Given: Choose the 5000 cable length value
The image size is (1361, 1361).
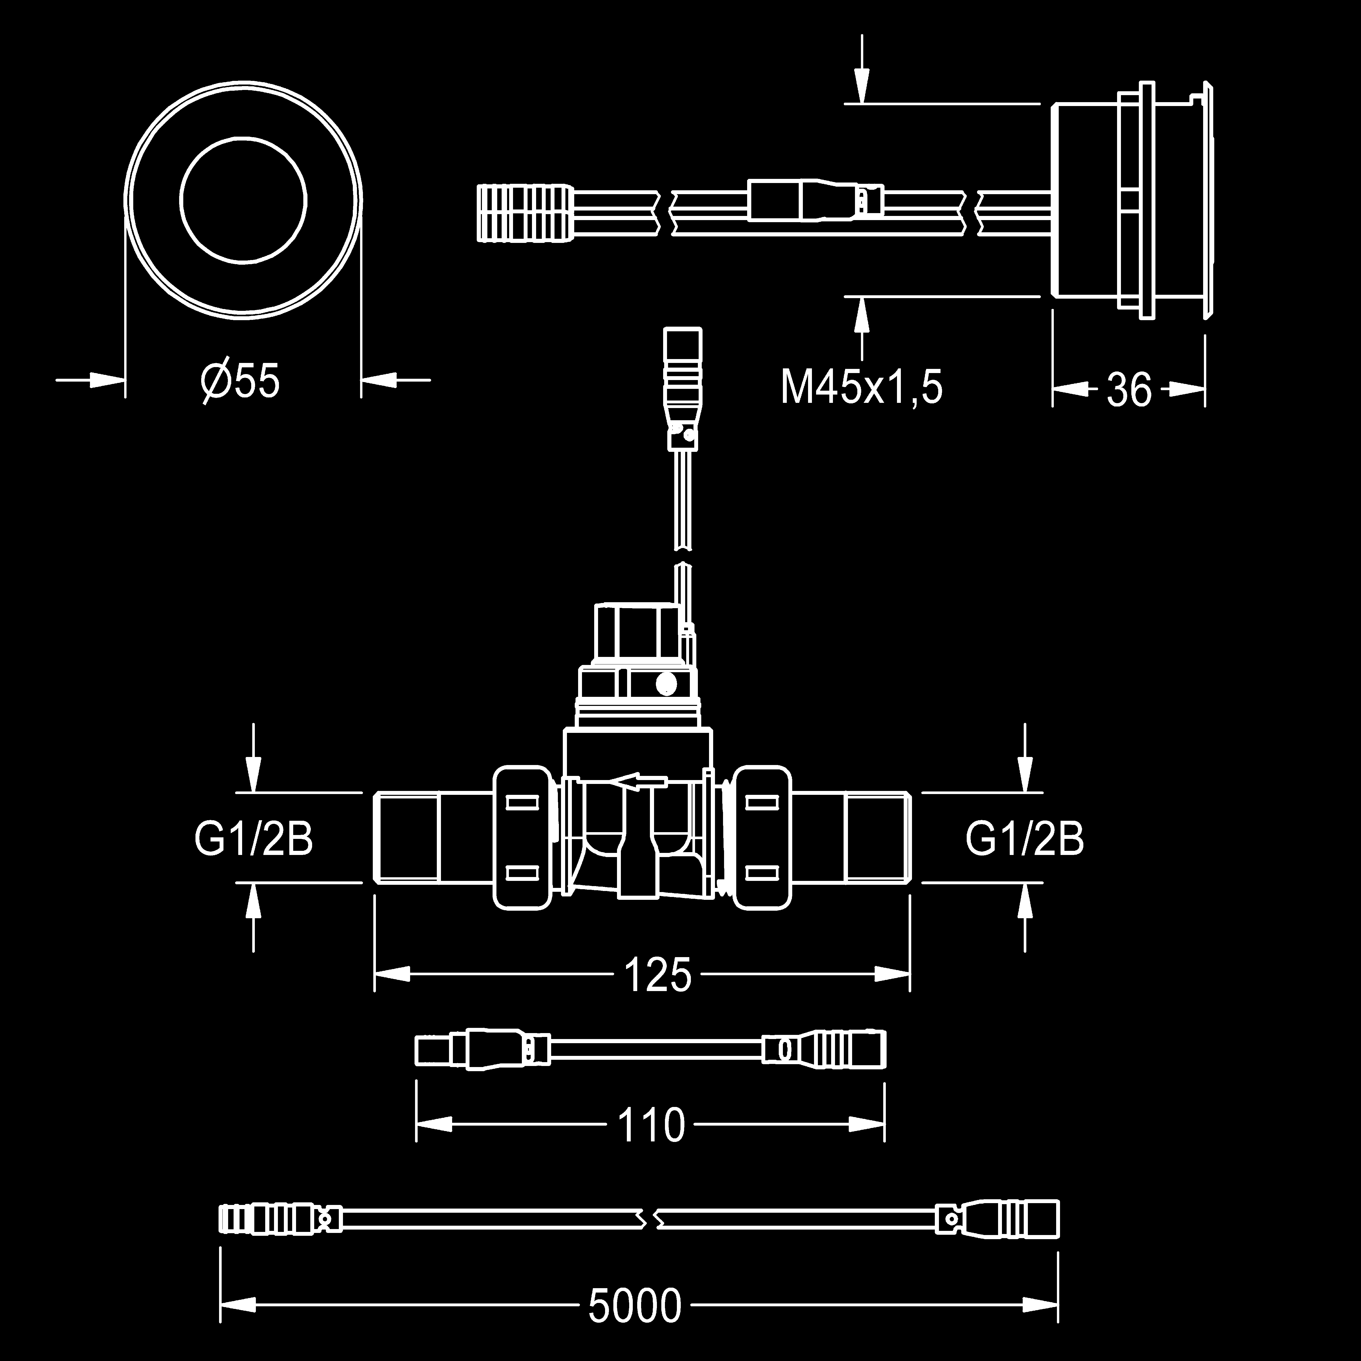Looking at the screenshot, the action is pos(635,1306).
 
